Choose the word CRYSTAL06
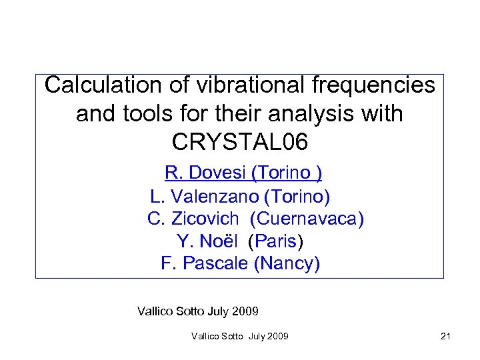pyautogui.click(x=240, y=142)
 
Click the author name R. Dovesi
pyautogui.click(x=205, y=173)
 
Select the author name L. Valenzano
pyautogui.click(x=205, y=197)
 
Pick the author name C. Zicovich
pyautogui.click(x=193, y=219)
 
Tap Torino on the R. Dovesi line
pyautogui.click(x=285, y=173)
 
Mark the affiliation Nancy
pyautogui.click(x=287, y=263)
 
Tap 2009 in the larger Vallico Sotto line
pyautogui.click(x=245, y=311)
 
